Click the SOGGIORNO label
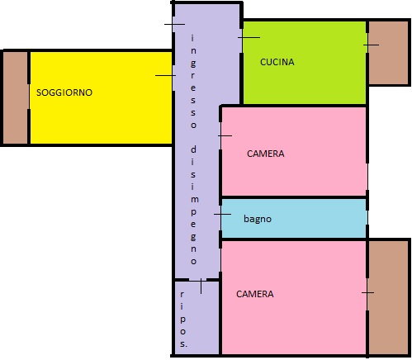tap(64, 92)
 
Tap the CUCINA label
tap(277, 62)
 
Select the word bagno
tap(258, 219)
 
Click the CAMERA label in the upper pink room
tap(266, 154)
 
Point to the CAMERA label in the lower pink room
tap(255, 294)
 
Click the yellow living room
tap(101, 97)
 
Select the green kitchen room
tap(305, 63)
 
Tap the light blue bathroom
tap(294, 218)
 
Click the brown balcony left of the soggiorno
tap(15, 97)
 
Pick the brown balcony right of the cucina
tap(388, 53)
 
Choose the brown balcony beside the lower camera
tap(388, 297)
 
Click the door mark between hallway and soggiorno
tap(165, 75)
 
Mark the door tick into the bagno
tap(222, 214)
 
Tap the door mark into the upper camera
tap(225, 135)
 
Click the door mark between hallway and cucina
tap(249, 37)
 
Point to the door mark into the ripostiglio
tap(201, 287)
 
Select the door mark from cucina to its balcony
tap(371, 45)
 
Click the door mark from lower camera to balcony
tap(367, 292)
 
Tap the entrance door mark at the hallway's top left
tap(174, 24)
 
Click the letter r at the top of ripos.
tap(182, 294)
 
